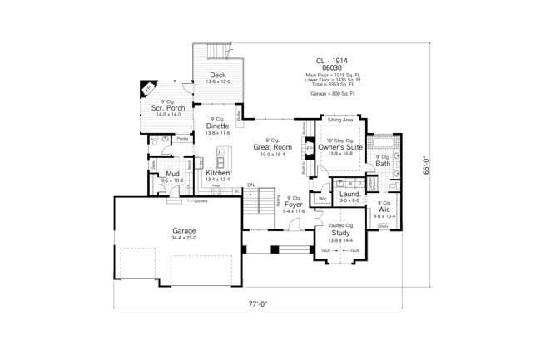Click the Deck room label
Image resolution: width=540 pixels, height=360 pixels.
pos(219,76)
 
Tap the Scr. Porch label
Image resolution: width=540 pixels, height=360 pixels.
pos(166,108)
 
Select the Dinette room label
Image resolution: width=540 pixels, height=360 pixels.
pos(219,126)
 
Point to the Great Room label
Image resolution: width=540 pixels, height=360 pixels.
pos(274,147)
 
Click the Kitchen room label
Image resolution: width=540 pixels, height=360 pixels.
pos(218,172)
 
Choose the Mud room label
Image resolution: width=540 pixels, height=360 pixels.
pos(173,173)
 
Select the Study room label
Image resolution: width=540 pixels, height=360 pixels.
pos(340,233)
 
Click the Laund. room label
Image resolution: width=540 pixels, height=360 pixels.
pos(349,194)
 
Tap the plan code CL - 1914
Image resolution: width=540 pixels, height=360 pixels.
pos(330,61)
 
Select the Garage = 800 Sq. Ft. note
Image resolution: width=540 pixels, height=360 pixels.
pos(330,94)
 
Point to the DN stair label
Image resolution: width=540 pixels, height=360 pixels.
pos(250,184)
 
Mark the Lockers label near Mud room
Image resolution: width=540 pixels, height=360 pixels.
pos(201,200)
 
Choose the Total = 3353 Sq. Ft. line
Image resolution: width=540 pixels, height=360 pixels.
pos(330,85)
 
